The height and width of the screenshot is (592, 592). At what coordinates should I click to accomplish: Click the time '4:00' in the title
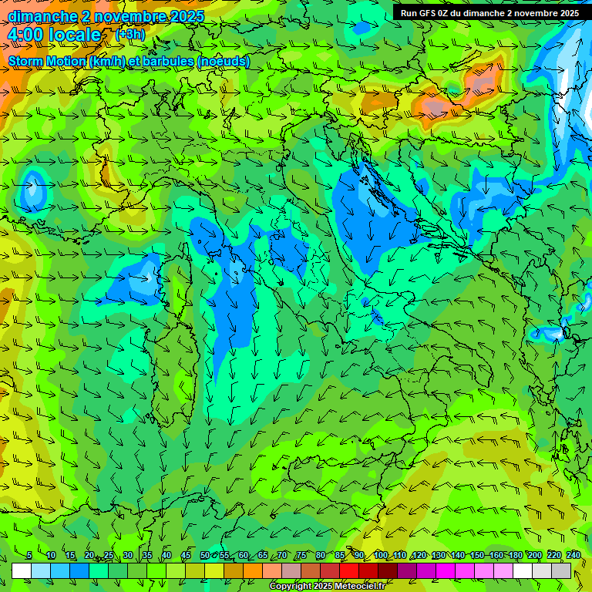pyautogui.click(x=25, y=35)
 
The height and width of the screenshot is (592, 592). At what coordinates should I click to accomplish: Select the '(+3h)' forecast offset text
pyautogui.click(x=129, y=35)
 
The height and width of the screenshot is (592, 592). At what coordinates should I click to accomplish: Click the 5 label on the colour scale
pyautogui.click(x=29, y=555)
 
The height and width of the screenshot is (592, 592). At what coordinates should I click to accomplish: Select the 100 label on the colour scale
pyautogui.click(x=380, y=555)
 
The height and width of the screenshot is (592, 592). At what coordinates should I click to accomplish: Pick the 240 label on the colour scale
pyautogui.click(x=573, y=555)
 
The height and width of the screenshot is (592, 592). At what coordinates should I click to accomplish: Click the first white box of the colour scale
pyautogui.click(x=22, y=570)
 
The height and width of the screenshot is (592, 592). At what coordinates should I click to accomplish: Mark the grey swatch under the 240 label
pyautogui.click(x=562, y=570)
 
